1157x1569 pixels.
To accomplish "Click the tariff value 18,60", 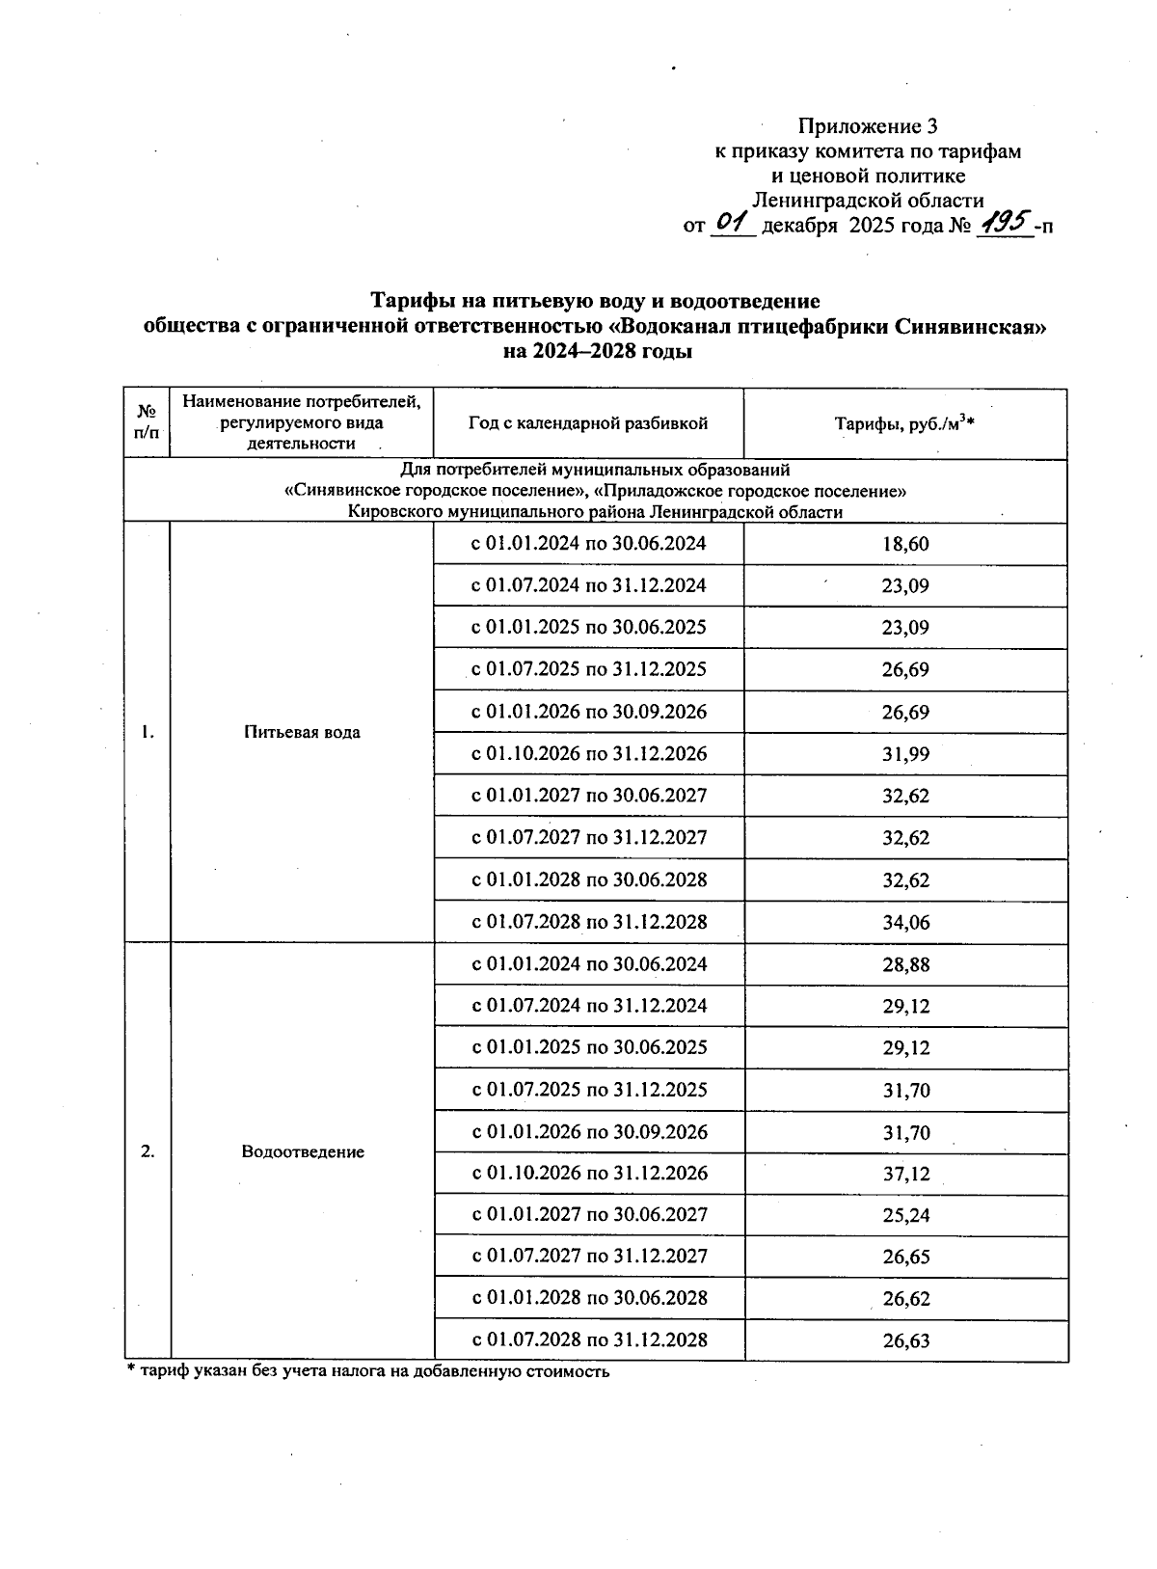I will coord(904,544).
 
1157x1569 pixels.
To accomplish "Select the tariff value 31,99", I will coord(904,754).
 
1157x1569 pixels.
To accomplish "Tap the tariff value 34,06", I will coord(904,923).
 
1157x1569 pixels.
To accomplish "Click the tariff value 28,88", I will coord(904,965).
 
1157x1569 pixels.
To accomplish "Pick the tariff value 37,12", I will coord(904,1175).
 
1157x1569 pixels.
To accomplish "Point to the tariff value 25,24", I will coord(904,1216).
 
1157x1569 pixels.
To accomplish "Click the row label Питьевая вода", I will coord(302,733).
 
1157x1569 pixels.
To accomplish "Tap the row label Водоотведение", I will coord(302,1152).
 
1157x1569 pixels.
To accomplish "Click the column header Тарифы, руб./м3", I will coord(904,424).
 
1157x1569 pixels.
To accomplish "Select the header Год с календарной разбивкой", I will coord(588,424).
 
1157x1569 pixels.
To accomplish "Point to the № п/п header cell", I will coord(147,424).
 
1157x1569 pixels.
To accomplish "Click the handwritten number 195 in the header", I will coord(1003,224).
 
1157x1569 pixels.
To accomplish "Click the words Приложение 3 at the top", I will coord(867,126).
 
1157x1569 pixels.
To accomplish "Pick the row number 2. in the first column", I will coord(147,1152).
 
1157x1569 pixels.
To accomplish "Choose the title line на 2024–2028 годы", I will coord(598,352).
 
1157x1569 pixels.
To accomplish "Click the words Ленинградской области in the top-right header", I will coord(867,201).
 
